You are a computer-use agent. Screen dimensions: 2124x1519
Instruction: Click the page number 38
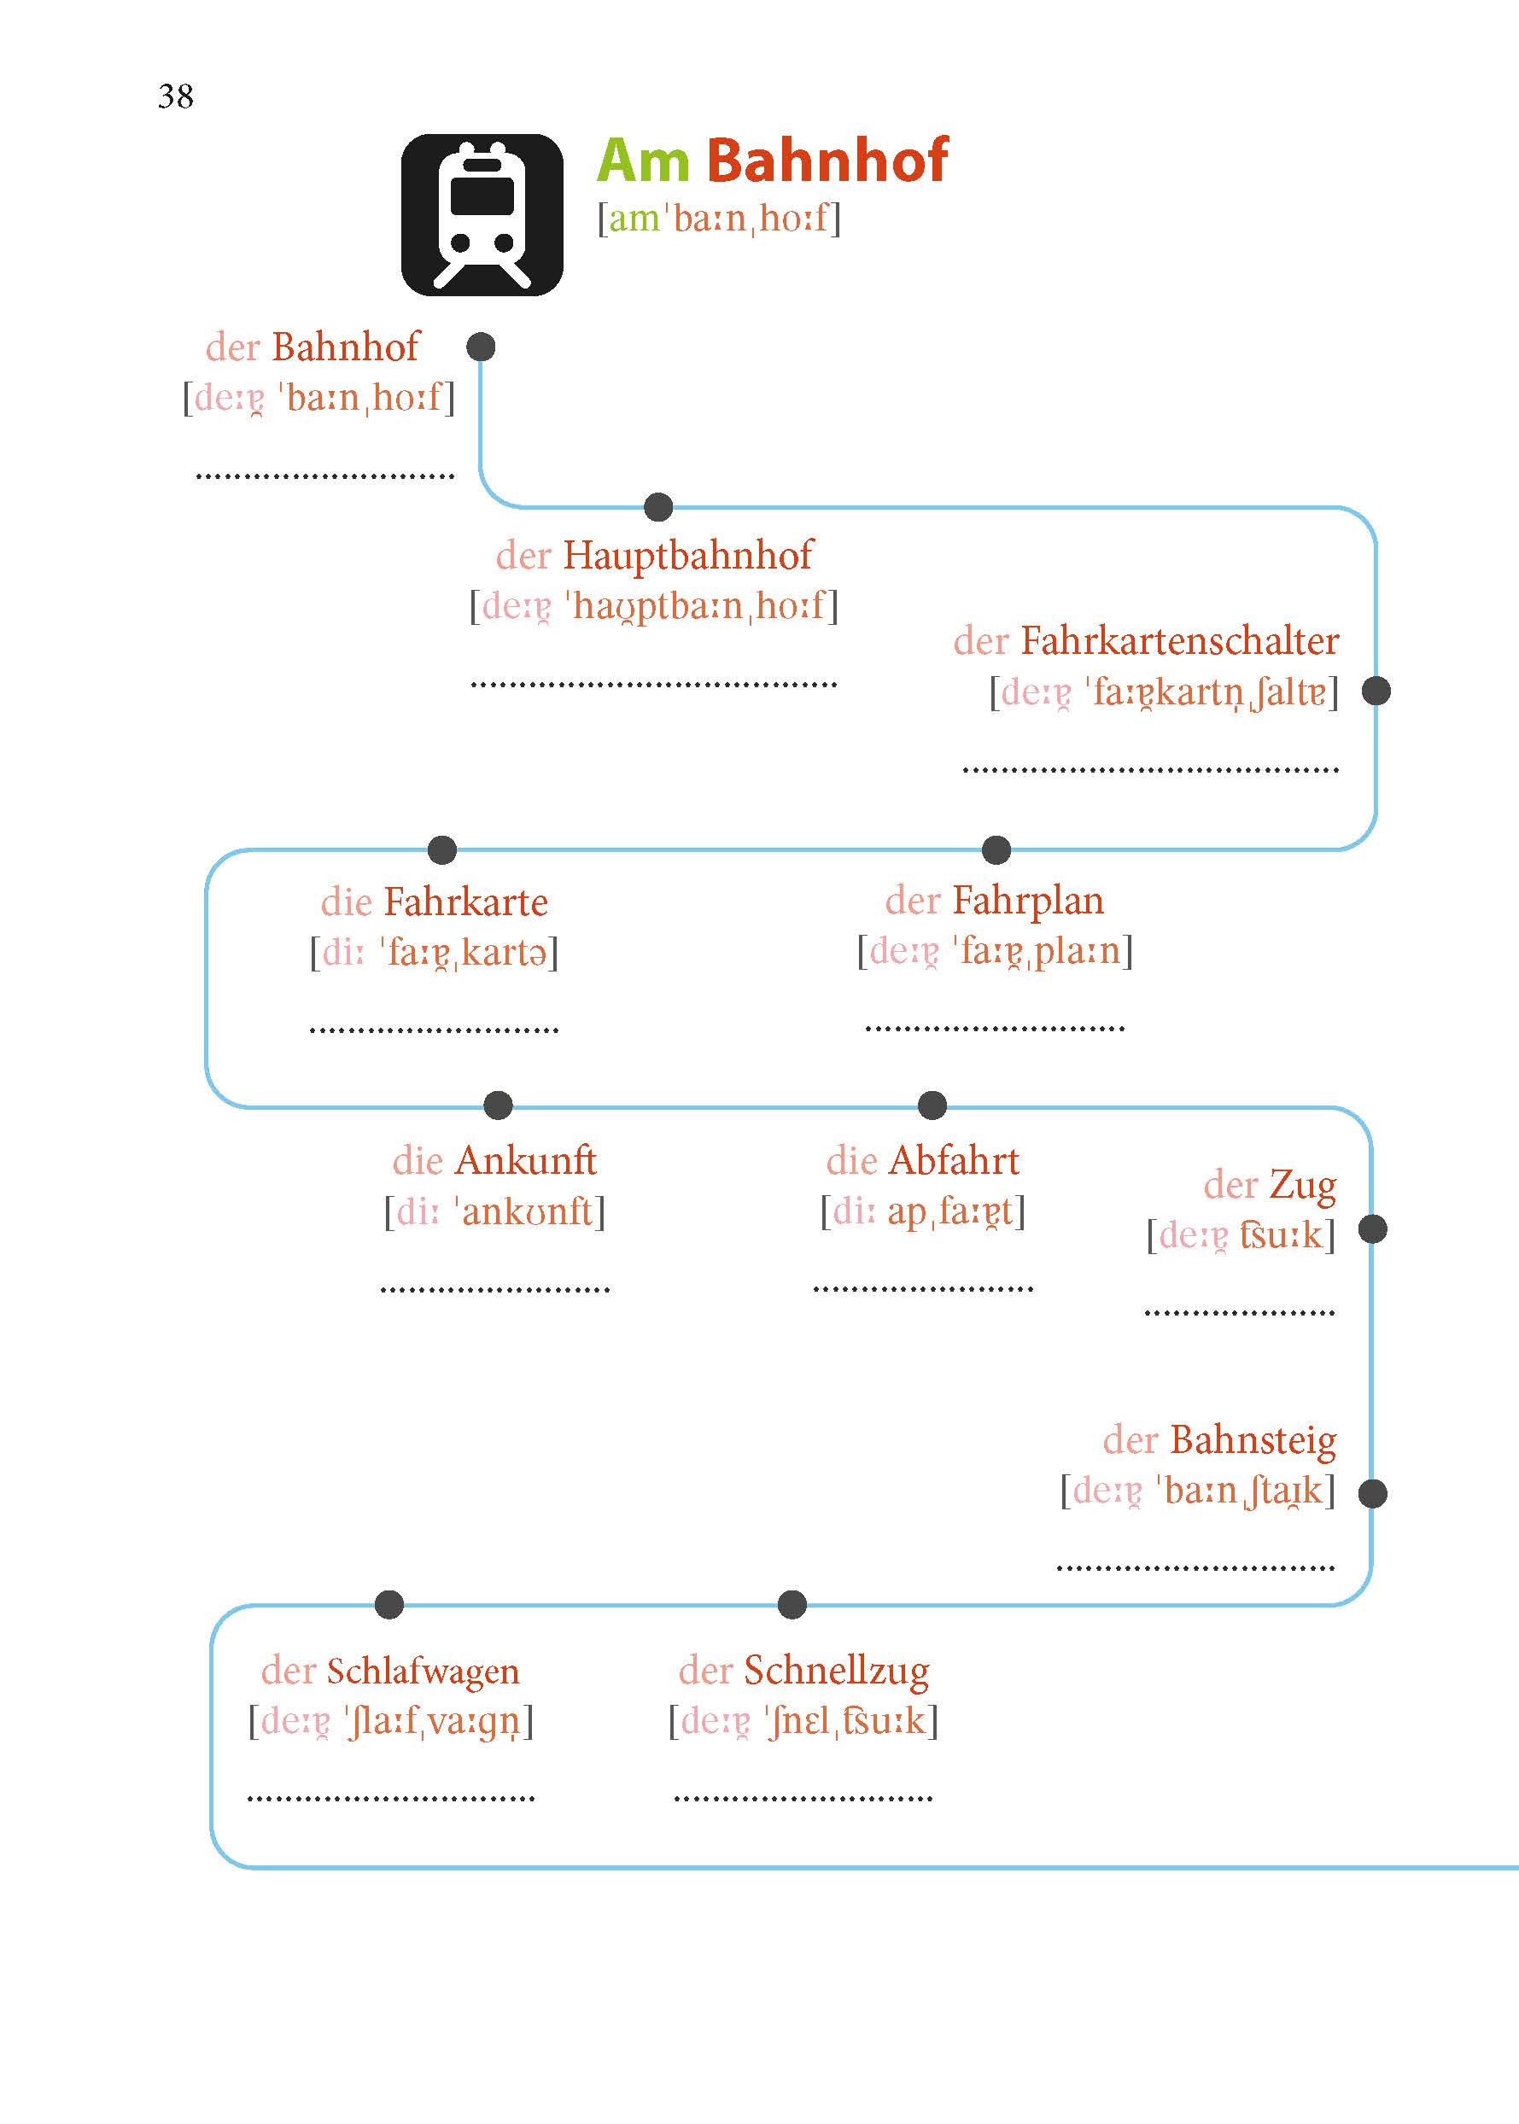pyautogui.click(x=175, y=96)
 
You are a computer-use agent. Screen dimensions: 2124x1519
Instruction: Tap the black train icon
pyautogui.click(x=482, y=215)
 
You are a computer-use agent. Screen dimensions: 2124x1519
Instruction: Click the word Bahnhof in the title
pyautogui.click(x=827, y=160)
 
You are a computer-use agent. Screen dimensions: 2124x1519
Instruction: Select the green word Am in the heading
pyautogui.click(x=644, y=160)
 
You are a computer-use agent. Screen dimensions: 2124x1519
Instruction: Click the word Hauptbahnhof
pyautogui.click(x=687, y=556)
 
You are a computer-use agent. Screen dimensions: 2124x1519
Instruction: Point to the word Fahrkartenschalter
pyautogui.click(x=1178, y=642)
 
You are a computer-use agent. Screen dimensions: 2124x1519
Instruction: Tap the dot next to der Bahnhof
pyautogui.click(x=481, y=347)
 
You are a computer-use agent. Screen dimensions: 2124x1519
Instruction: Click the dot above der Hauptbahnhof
pyautogui.click(x=658, y=507)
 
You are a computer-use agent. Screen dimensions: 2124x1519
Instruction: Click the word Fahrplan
pyautogui.click(x=1027, y=901)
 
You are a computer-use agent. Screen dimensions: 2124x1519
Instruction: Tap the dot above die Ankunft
pyautogui.click(x=499, y=1105)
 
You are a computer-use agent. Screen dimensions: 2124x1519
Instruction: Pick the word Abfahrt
pyautogui.click(x=953, y=1161)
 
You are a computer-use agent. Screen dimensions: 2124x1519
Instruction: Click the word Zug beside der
pyautogui.click(x=1302, y=1186)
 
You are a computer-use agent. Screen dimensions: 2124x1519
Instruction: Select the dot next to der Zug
pyautogui.click(x=1372, y=1229)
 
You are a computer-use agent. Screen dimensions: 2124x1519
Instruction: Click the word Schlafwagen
pyautogui.click(x=422, y=1672)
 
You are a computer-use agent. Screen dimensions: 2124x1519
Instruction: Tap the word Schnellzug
pyautogui.click(x=836, y=1672)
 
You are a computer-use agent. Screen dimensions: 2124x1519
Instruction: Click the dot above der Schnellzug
pyautogui.click(x=792, y=1604)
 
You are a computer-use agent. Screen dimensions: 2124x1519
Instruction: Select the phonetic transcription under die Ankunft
pyautogui.click(x=494, y=1212)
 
